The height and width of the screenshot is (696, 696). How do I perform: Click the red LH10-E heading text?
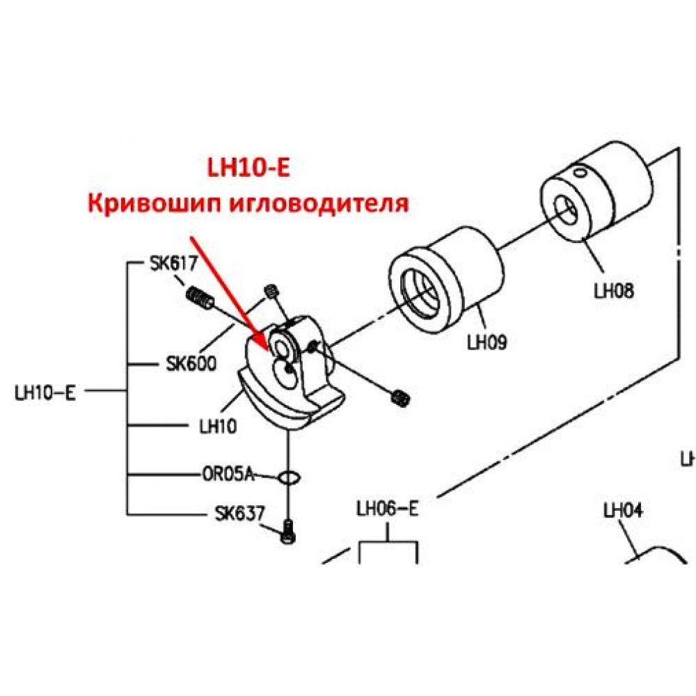click(x=248, y=168)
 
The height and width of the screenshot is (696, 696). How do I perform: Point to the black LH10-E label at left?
click(x=45, y=393)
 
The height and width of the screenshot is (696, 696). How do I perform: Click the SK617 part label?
click(x=173, y=264)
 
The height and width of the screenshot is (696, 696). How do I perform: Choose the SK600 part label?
click(x=191, y=363)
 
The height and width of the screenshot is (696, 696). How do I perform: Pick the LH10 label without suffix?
click(x=218, y=426)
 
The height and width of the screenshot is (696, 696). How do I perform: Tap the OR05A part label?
click(x=228, y=475)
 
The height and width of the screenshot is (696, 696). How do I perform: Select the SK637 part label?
click(x=239, y=514)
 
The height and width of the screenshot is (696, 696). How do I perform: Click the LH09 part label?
click(x=487, y=342)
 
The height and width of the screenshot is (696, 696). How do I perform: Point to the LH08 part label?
click(x=614, y=291)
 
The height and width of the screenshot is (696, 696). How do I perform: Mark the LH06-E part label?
click(x=388, y=509)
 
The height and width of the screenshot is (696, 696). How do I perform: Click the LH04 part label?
click(x=623, y=510)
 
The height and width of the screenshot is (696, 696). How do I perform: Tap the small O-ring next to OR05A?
click(x=289, y=477)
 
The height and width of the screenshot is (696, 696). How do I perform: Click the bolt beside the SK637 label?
click(x=288, y=532)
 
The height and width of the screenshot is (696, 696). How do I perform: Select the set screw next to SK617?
click(x=199, y=297)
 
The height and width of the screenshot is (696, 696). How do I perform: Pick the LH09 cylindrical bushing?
click(x=445, y=280)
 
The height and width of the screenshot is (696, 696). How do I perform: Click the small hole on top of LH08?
click(x=579, y=172)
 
